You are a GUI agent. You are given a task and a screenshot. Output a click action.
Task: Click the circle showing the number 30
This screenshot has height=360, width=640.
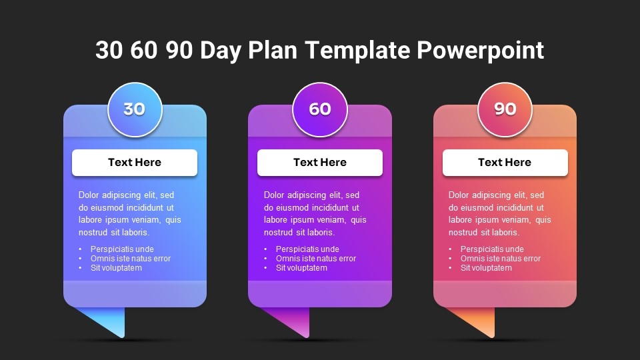(x=135, y=109)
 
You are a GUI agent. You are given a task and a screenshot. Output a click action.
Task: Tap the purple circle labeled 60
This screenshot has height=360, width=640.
(x=320, y=109)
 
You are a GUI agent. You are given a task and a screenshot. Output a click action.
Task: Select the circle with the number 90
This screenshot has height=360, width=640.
(x=505, y=109)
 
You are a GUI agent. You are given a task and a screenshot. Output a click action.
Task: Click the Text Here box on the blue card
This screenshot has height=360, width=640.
(x=135, y=163)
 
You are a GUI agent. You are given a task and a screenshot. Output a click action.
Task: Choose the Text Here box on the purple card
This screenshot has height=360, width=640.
(x=320, y=163)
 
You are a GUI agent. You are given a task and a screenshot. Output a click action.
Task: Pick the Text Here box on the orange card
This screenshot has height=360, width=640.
(x=505, y=163)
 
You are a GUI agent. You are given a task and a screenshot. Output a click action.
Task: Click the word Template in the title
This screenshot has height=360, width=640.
(x=357, y=50)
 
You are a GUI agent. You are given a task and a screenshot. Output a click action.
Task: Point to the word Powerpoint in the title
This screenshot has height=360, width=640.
(x=481, y=51)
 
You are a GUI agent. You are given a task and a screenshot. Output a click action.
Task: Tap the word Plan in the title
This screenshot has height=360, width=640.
(x=272, y=50)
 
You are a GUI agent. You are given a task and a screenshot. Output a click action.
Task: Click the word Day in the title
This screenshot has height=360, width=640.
(x=221, y=51)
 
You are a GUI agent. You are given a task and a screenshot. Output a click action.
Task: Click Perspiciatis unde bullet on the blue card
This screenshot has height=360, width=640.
(x=122, y=249)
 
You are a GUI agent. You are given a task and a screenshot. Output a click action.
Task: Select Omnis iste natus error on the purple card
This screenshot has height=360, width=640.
(x=316, y=259)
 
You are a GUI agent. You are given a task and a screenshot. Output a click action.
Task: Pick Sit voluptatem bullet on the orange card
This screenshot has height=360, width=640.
(x=486, y=268)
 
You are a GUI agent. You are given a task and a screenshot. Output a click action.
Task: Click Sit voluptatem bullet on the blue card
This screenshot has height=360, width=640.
(x=116, y=268)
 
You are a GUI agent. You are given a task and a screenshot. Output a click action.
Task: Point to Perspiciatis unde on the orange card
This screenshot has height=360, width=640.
(x=492, y=249)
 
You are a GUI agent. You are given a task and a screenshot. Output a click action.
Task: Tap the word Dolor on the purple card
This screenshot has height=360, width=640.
(x=274, y=195)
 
